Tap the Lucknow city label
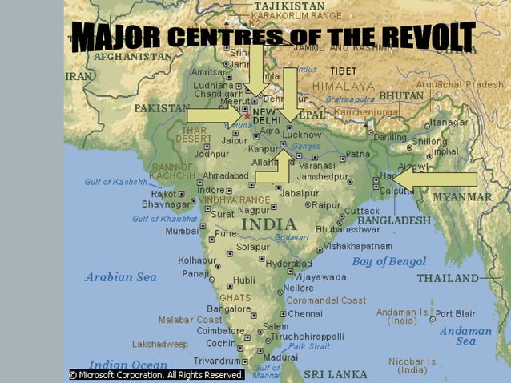pyautogui.click(x=301, y=135)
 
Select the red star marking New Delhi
pyautogui.click(x=247, y=116)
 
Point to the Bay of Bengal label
pyautogui.click(x=389, y=261)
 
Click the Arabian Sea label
pyautogui.click(x=121, y=277)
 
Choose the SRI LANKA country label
pyautogui.click(x=336, y=374)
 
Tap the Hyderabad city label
pyautogui.click(x=288, y=264)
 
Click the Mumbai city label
pyautogui.click(x=182, y=231)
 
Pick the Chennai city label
pyautogui.click(x=304, y=314)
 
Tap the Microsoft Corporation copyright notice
pyautogui.click(x=156, y=374)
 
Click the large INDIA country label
pyautogui.click(x=269, y=224)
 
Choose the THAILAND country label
pyautogui.click(x=447, y=278)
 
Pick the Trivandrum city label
pyautogui.click(x=216, y=361)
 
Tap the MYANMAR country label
pyautogui.click(x=462, y=196)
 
